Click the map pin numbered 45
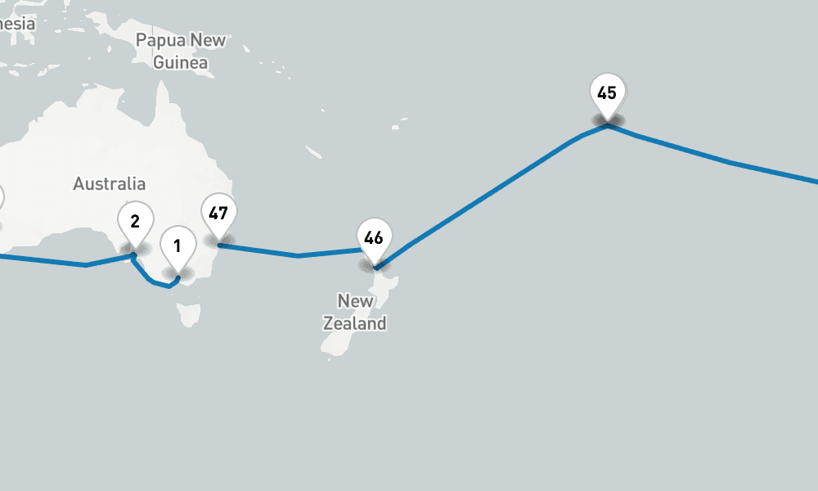point(607,93)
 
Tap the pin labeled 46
point(374,238)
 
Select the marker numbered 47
point(218,214)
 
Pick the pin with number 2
point(135,220)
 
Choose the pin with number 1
point(178,245)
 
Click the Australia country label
point(109,184)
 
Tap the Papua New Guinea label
point(181,51)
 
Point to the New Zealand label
point(354,312)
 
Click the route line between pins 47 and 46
point(298,255)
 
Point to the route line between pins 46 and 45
point(491,193)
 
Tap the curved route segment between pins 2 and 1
point(152,281)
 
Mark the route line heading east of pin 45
point(728,162)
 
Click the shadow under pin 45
point(608,121)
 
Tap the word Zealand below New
point(354,323)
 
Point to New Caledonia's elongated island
point(313,151)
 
